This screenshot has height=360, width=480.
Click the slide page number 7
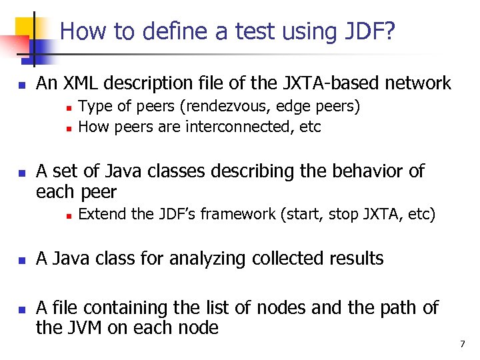pyautogui.click(x=462, y=344)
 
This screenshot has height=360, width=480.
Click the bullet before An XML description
pyautogui.click(x=22, y=85)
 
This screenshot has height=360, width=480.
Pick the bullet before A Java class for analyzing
pyautogui.click(x=22, y=260)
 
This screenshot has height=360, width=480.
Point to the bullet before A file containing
pyautogui.click(x=22, y=309)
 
